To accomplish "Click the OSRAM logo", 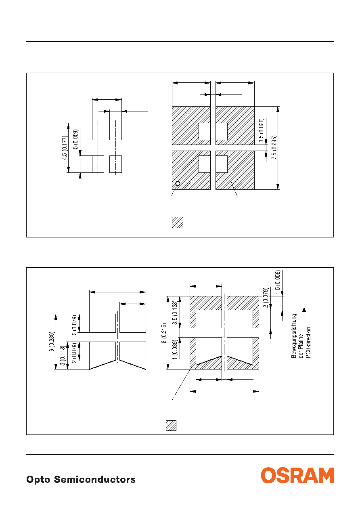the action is click(x=297, y=475).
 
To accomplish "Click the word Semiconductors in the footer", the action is click(x=95, y=479).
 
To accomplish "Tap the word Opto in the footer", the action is click(x=38, y=480).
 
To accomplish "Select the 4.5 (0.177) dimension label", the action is click(x=65, y=148).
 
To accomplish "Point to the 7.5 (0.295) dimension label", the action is click(x=274, y=147).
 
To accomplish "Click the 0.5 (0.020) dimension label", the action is click(x=261, y=130).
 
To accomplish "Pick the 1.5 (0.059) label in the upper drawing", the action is click(x=75, y=141).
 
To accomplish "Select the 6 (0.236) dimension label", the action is click(x=52, y=342).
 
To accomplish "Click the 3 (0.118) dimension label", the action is click(x=63, y=356).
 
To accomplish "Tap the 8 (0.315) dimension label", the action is click(x=164, y=333).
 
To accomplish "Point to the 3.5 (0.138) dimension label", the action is click(x=174, y=313).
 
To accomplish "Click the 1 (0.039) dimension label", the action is click(x=174, y=350).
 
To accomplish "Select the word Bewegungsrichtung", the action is click(x=294, y=336).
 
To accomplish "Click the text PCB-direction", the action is click(x=308, y=343).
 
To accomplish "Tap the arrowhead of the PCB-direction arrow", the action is click(x=304, y=310).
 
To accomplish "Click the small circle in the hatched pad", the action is click(x=178, y=183).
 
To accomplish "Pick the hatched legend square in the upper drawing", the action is click(x=178, y=222).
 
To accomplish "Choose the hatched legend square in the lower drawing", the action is click(x=171, y=426).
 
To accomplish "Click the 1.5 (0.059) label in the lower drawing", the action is click(x=278, y=282).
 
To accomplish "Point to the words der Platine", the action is click(x=301, y=346).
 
